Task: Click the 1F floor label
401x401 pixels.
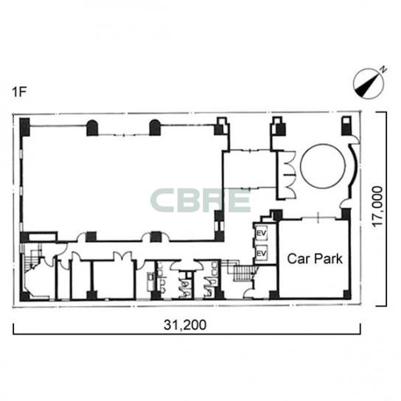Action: click(x=19, y=92)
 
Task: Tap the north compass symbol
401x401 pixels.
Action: click(x=369, y=83)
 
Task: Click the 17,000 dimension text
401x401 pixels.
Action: click(x=377, y=206)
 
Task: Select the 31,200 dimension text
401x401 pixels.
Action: click(x=185, y=325)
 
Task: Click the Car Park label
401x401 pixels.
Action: click(x=315, y=259)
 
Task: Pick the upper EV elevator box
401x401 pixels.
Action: click(x=261, y=233)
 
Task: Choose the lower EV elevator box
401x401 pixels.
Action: click(x=261, y=253)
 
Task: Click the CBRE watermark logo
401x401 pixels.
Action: click(x=200, y=200)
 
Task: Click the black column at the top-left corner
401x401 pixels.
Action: click(x=25, y=127)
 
